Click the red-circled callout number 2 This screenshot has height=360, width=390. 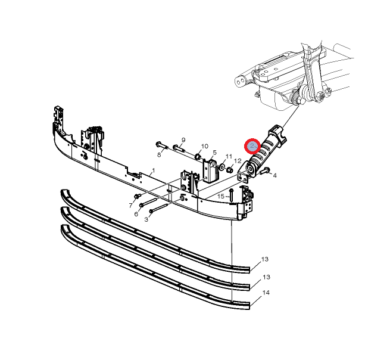pos(252,146)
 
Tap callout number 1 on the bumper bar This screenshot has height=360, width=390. pos(154,170)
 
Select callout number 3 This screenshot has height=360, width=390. pos(146,219)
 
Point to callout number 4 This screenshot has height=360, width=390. pos(274,175)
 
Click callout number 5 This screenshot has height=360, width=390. pos(215,153)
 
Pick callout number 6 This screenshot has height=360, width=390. pos(136,214)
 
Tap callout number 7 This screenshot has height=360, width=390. pos(131,206)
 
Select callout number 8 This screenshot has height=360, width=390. pos(159,155)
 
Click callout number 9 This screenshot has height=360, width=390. pos(183,140)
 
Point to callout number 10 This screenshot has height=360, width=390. pos(204,146)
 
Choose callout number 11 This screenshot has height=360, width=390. pos(229,156)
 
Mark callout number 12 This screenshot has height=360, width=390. pos(238,161)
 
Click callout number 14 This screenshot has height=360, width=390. pos(266,293)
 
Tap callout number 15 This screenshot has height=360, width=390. pos(221,197)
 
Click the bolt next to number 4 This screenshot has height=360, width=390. pos(264,171)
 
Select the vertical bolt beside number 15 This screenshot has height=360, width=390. pos(231,195)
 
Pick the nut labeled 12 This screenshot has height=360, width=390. pos(230,170)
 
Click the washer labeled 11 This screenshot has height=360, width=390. pos(221,166)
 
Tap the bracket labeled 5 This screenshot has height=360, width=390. pos(210,172)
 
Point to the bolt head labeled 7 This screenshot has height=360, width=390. pos(136,197)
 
